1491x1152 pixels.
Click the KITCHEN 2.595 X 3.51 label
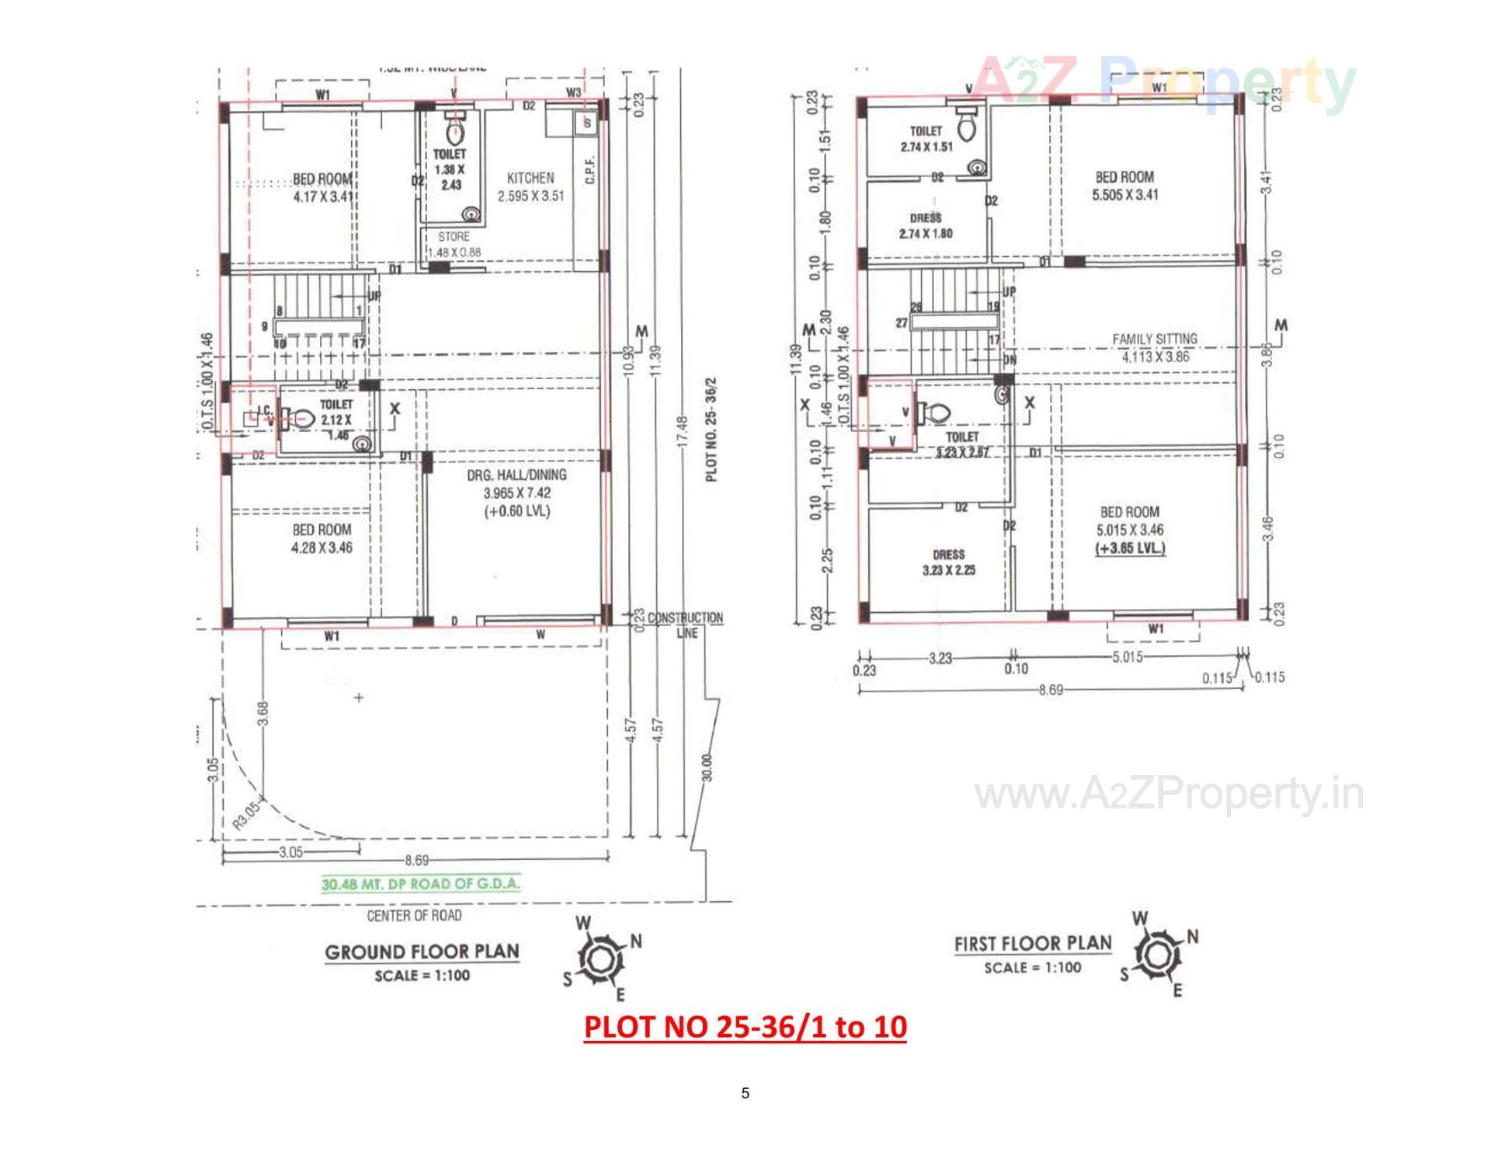[530, 187]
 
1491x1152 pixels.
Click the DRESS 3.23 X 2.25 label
[948, 562]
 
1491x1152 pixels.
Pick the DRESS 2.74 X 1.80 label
[926, 226]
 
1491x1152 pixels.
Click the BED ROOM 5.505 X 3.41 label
[1124, 186]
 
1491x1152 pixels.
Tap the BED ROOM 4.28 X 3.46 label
[321, 538]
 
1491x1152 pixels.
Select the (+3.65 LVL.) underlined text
[1130, 548]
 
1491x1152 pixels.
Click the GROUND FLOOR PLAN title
[422, 952]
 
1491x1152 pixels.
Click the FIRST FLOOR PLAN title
[1033, 944]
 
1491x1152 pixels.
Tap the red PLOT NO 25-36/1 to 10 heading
[745, 1027]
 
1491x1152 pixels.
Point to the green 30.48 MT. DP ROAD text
[421, 884]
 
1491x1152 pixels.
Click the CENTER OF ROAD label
[414, 916]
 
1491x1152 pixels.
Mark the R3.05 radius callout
[248, 814]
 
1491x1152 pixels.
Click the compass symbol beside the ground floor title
[600, 959]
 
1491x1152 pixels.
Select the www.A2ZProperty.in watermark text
[1169, 794]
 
